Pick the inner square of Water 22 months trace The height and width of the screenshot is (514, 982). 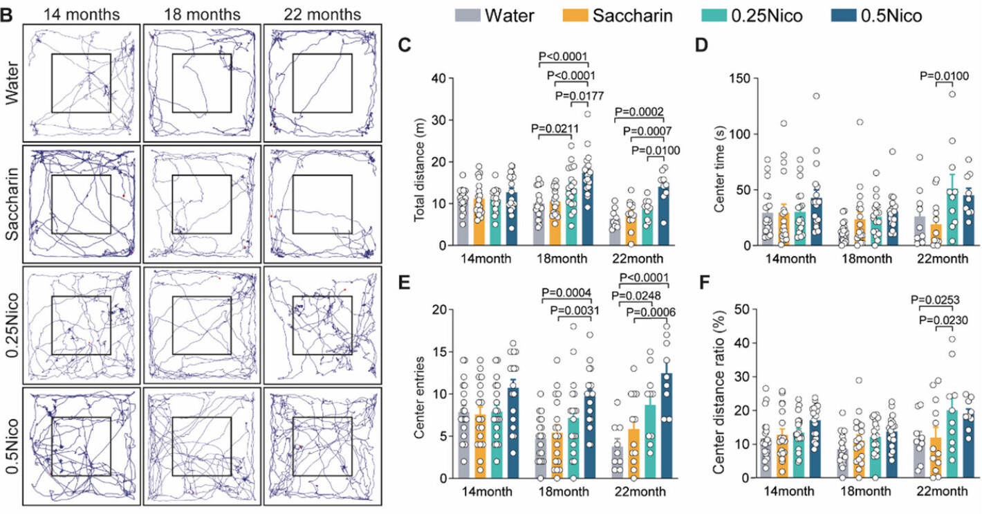tap(322, 82)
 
